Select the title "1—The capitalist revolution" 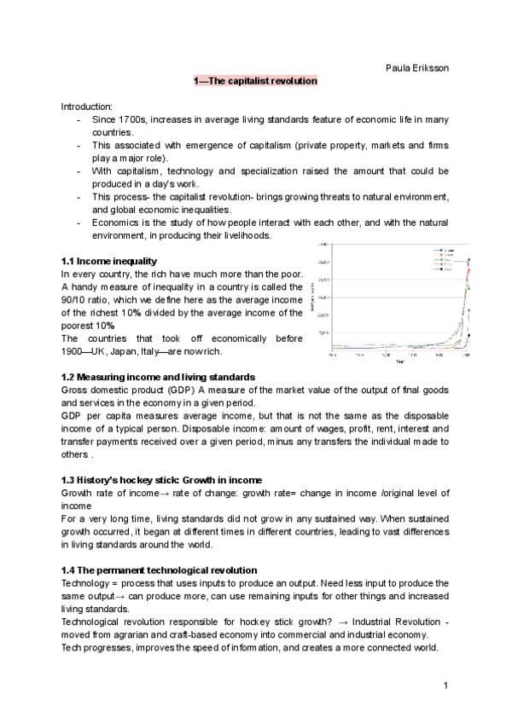point(256,81)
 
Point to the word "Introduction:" point(87,106)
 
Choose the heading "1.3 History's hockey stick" point(129,480)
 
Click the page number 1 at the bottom point(447,685)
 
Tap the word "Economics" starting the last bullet point(117,222)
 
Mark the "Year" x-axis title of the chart point(387,360)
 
